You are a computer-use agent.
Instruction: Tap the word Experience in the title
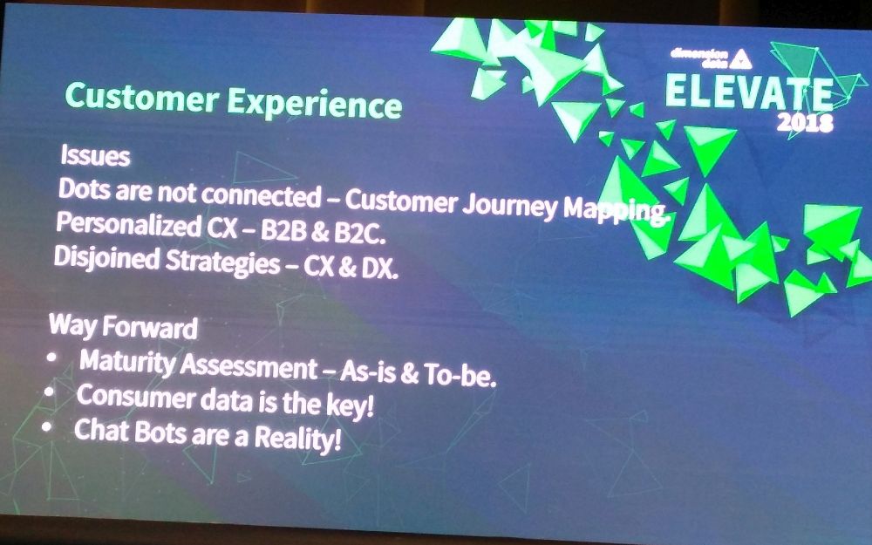(314, 104)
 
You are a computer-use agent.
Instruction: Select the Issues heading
(95, 155)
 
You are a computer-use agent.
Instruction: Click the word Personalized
(129, 225)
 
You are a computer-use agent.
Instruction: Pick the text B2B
(283, 231)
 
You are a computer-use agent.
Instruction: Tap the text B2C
(359, 234)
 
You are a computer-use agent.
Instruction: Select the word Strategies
(222, 262)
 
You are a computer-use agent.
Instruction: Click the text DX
(380, 269)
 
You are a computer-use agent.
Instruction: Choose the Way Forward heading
(123, 326)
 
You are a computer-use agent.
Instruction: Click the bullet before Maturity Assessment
(52, 358)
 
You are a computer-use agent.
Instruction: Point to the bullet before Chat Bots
(47, 426)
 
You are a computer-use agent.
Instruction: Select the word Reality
(297, 439)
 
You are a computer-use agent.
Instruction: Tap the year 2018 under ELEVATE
(805, 122)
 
